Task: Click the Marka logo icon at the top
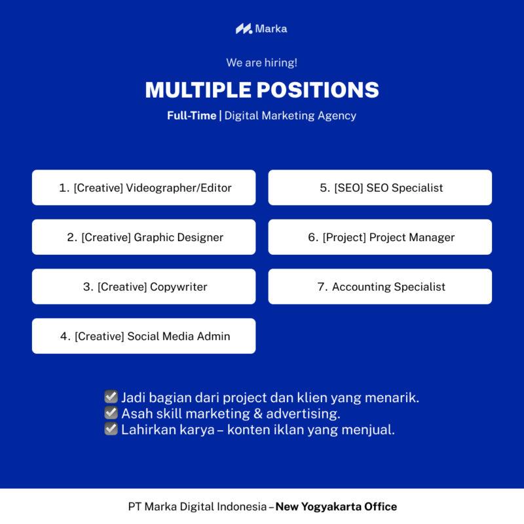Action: [x=244, y=29]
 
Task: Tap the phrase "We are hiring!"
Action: [x=261, y=63]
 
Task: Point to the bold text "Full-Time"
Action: [x=191, y=115]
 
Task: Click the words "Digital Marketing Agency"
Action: [x=290, y=115]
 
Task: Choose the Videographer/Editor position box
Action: [x=144, y=188]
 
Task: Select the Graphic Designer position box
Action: [x=144, y=237]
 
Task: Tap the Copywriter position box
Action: [x=144, y=287]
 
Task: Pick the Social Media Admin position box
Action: [x=144, y=336]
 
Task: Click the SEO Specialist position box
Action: [x=380, y=188]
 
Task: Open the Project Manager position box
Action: [x=380, y=237]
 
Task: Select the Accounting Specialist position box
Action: [x=380, y=287]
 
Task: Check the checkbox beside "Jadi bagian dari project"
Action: [x=111, y=397]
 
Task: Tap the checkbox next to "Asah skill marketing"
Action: [x=111, y=413]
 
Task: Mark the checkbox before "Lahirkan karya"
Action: [x=111, y=430]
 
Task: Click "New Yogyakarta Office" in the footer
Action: [x=336, y=506]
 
